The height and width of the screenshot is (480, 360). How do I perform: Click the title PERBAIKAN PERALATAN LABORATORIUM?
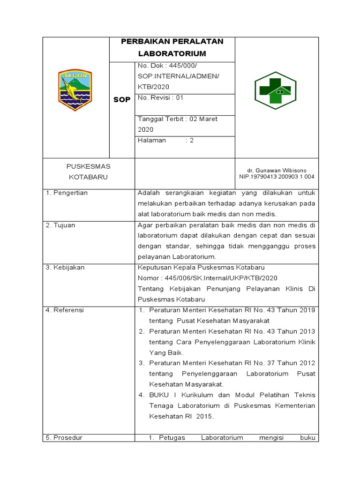(172, 47)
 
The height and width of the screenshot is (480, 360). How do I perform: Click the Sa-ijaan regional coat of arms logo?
(75, 90)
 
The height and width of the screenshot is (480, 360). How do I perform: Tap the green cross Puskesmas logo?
(272, 90)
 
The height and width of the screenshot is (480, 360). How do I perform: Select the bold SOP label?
(122, 100)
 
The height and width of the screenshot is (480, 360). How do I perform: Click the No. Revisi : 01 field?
(160, 97)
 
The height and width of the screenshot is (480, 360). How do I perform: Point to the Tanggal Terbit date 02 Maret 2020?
(177, 124)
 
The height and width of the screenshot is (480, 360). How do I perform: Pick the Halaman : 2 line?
(165, 140)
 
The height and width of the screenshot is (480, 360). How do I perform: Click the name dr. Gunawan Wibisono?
(276, 170)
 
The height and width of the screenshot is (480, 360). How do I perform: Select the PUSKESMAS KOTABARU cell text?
(88, 172)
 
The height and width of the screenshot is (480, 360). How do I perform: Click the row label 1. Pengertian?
(67, 193)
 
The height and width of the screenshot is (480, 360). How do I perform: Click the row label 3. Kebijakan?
(65, 267)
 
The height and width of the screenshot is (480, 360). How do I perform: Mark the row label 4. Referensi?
(65, 310)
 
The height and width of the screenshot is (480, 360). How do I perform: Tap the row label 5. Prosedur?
(64, 437)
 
